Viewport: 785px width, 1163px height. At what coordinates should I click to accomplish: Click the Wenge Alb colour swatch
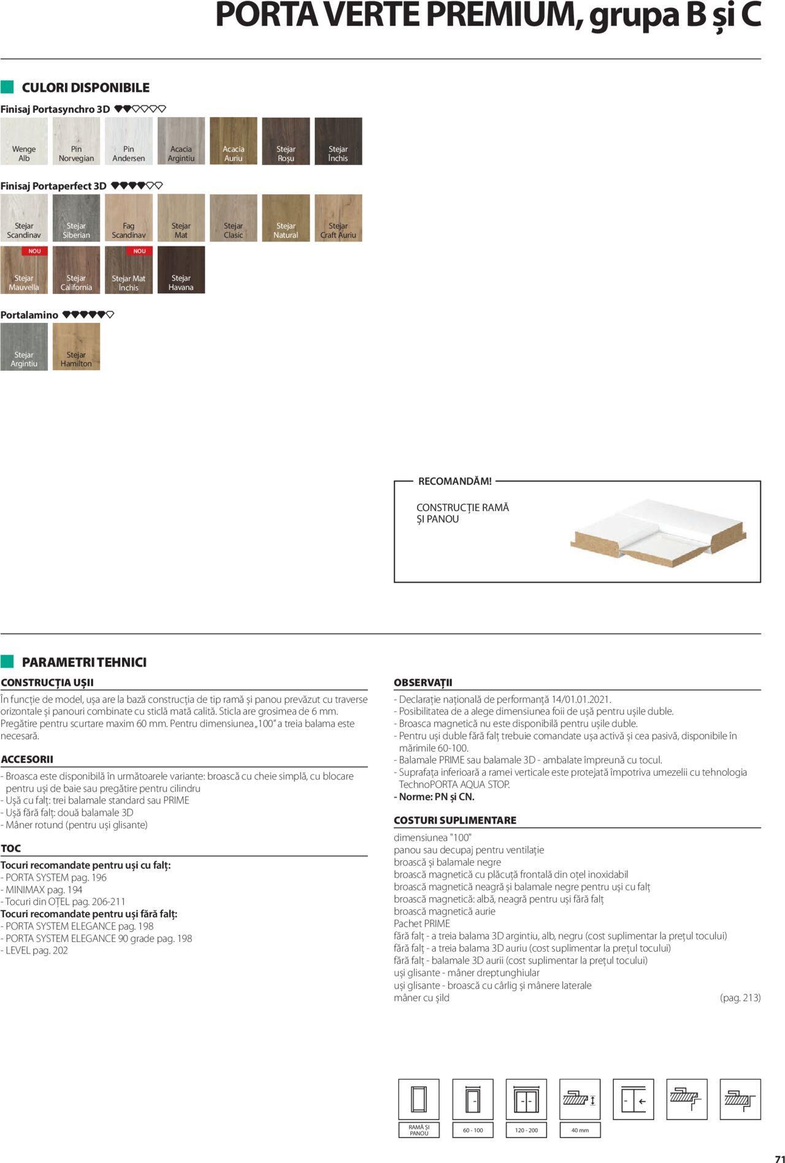coord(24,141)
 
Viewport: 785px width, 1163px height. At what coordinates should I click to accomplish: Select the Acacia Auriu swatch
coord(233,141)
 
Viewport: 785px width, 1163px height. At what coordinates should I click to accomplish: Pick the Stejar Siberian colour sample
coord(76,218)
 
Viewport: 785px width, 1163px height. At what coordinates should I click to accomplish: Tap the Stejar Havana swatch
coord(181,270)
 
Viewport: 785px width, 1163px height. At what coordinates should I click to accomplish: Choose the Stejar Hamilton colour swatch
coord(76,347)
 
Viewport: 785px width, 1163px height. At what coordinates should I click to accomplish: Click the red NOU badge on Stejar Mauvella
coord(34,251)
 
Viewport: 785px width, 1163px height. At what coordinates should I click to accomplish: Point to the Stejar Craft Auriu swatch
coord(338,218)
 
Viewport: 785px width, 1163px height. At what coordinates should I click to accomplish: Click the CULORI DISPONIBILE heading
coord(85,88)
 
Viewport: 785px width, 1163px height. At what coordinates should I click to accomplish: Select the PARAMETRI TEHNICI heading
coord(84,662)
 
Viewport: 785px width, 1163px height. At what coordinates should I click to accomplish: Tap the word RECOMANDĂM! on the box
coord(454,482)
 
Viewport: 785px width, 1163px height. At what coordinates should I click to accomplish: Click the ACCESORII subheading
coord(27,759)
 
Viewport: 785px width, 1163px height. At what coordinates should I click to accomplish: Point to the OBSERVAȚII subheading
coord(423,683)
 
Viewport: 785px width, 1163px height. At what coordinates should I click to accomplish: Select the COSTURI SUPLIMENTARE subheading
coord(454,820)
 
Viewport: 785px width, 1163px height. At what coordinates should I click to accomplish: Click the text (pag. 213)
coord(740,998)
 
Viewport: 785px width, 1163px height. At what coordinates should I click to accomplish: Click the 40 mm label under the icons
coord(580,1130)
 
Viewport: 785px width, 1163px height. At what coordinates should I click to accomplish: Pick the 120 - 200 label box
coord(526,1130)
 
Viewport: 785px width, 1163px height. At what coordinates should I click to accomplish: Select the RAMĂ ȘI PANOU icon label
coord(419,1130)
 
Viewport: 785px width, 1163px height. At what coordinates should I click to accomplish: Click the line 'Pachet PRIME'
coord(422,923)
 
